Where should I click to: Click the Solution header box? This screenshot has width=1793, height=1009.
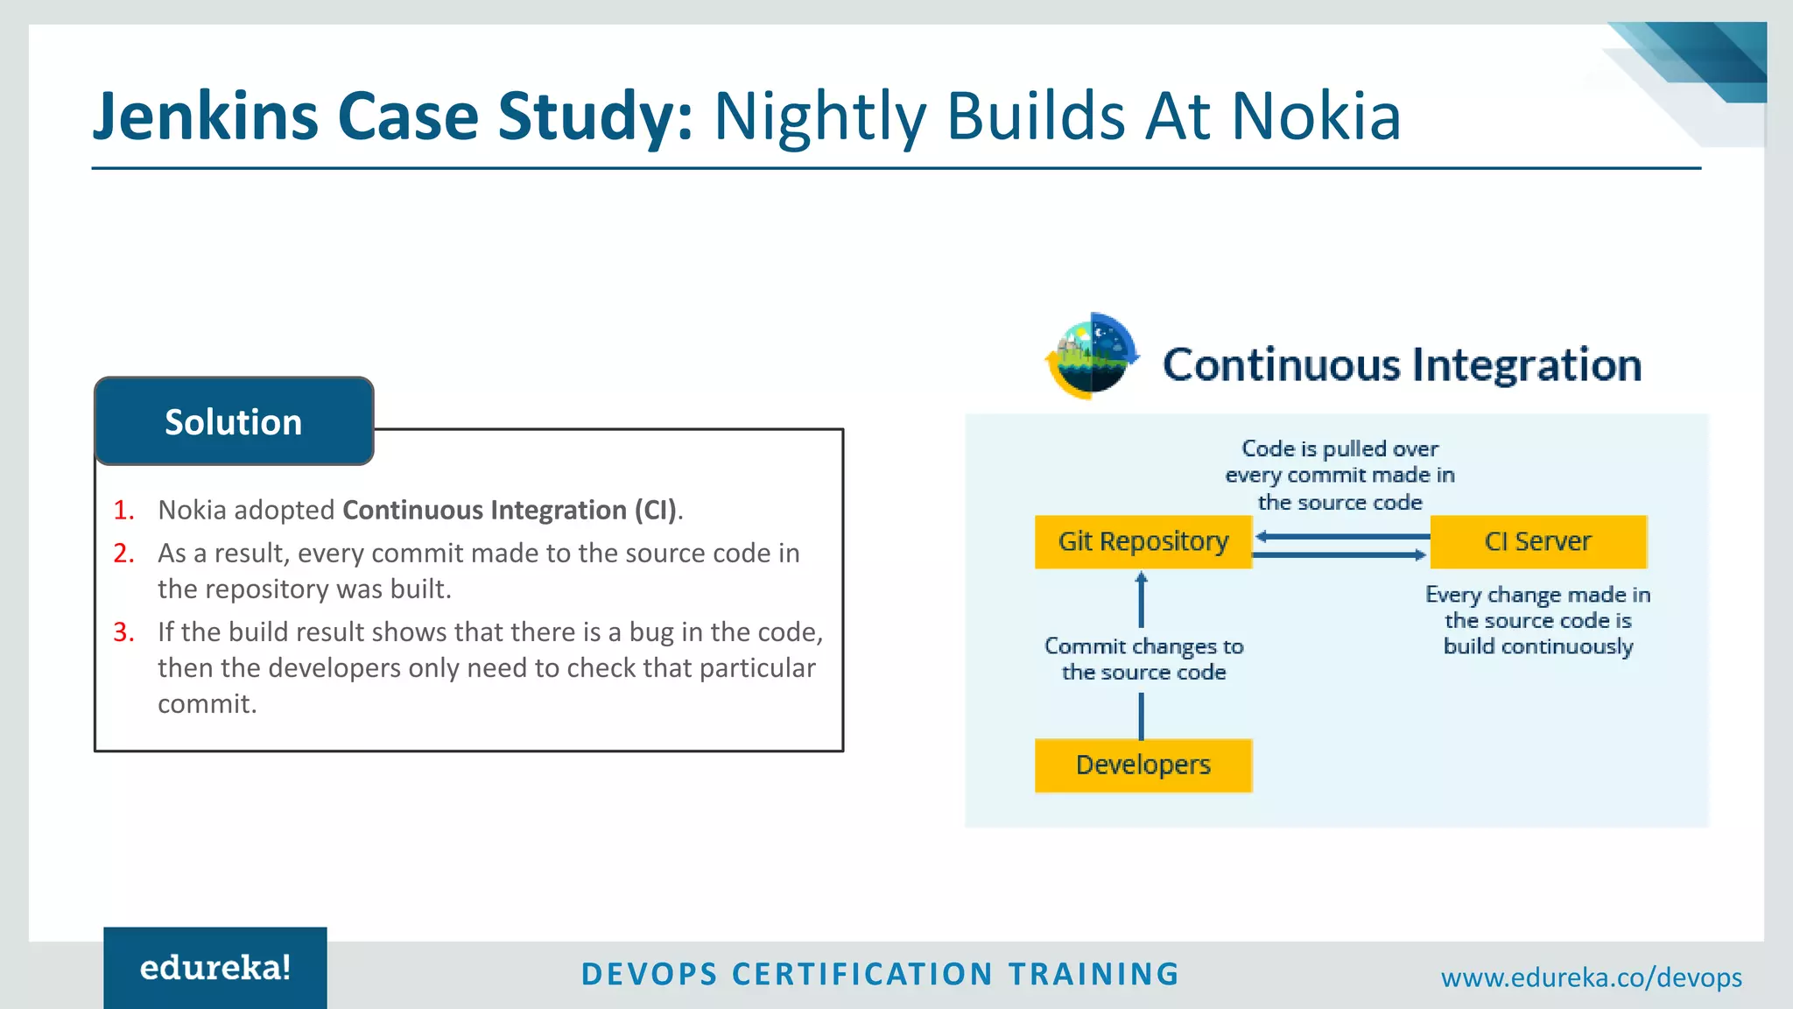click(234, 421)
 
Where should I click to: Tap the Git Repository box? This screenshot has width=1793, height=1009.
click(1143, 542)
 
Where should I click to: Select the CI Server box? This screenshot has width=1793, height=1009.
click(1538, 542)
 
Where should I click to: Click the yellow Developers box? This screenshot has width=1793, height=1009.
click(1143, 766)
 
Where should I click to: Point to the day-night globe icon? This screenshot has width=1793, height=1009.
click(1092, 356)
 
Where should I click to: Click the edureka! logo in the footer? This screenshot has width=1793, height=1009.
click(215, 968)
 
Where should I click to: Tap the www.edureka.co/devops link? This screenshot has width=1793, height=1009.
click(1591, 977)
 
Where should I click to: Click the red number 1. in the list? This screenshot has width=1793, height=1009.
click(124, 510)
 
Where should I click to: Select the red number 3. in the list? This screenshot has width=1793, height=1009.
click(124, 632)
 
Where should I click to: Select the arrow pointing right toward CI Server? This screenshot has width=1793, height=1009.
click(1339, 554)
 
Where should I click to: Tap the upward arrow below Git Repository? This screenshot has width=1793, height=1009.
click(1141, 600)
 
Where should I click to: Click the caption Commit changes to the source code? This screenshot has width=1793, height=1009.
click(1143, 660)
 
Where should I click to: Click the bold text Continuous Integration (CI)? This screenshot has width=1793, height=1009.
click(510, 510)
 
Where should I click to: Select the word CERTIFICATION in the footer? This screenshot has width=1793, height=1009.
click(862, 974)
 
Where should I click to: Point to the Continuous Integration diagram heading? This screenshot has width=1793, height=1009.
click(1402, 365)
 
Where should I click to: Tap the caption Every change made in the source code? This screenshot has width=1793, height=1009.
click(1538, 621)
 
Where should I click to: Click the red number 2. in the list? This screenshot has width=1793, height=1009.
click(124, 554)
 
